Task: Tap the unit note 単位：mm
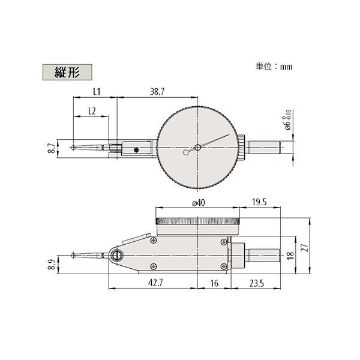[x=275, y=67]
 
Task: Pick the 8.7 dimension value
[x=52, y=148]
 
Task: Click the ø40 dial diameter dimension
[x=198, y=203]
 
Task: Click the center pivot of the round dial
[x=198, y=148]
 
